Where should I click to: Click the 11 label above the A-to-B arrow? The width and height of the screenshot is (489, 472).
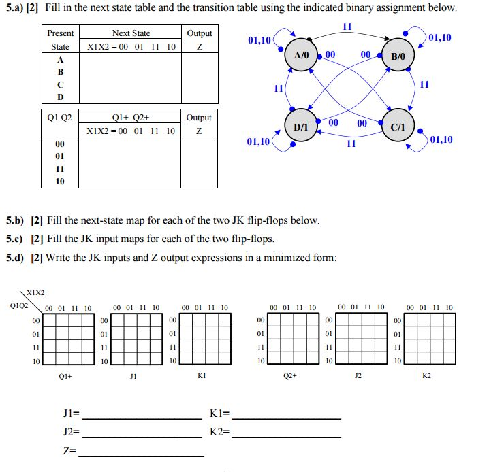(x=347, y=27)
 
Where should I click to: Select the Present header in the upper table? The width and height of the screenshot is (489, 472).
(x=61, y=33)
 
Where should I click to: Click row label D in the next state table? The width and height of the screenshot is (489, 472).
(x=61, y=97)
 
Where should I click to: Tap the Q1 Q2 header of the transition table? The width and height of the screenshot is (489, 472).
(x=61, y=118)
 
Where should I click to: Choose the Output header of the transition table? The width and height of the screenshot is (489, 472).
(x=199, y=118)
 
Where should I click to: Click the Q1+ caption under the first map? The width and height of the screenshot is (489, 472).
(x=66, y=375)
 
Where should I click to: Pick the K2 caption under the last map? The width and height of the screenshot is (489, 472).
(x=427, y=375)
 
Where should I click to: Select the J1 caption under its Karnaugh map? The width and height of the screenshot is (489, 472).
(x=133, y=375)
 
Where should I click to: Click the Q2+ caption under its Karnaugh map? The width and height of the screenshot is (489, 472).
(x=290, y=375)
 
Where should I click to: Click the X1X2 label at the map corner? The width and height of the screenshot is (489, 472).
(x=35, y=293)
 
